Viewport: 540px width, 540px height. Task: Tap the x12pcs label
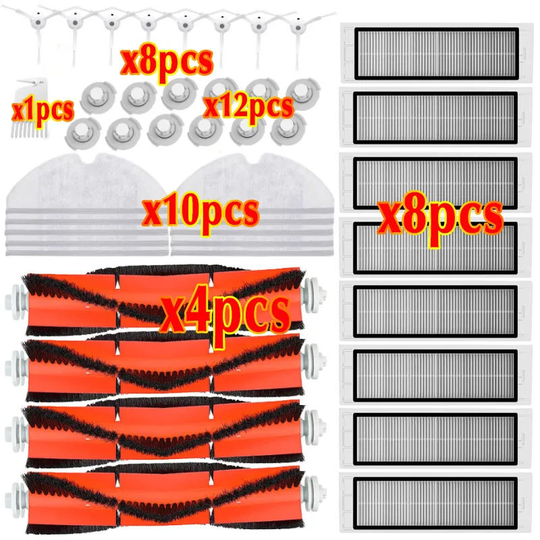[248, 107]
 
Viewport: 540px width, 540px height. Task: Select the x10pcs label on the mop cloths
[200, 212]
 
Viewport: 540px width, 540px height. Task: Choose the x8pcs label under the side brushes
[167, 63]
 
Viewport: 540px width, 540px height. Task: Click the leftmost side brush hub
[38, 23]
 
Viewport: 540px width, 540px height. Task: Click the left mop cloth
[87, 205]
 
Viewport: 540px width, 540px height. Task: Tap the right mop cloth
[252, 205]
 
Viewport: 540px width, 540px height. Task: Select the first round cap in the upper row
[98, 98]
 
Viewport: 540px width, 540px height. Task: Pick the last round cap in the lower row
[288, 130]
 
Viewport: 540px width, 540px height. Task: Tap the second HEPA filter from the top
[436, 117]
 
